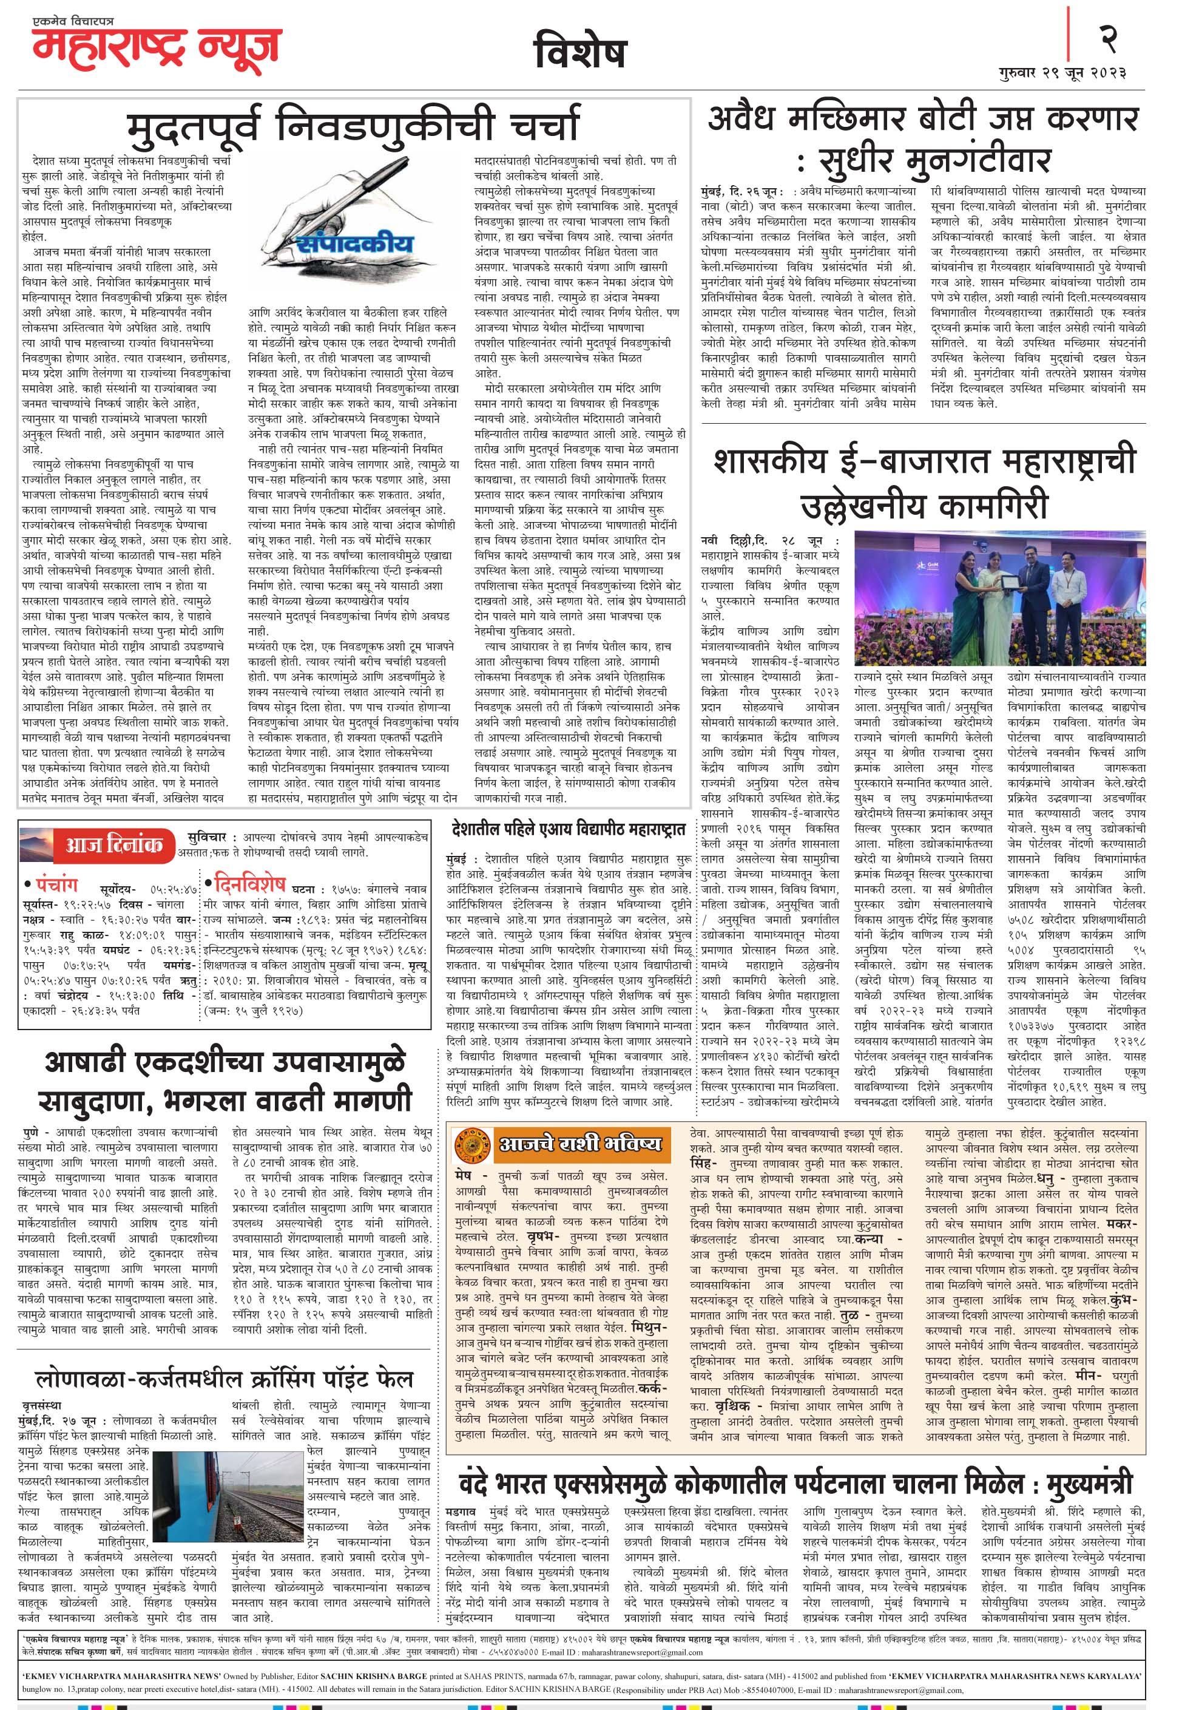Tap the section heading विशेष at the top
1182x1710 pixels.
580,52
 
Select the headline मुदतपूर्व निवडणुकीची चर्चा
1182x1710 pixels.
353,124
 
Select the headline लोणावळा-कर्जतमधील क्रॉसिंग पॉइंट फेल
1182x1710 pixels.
225,1360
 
